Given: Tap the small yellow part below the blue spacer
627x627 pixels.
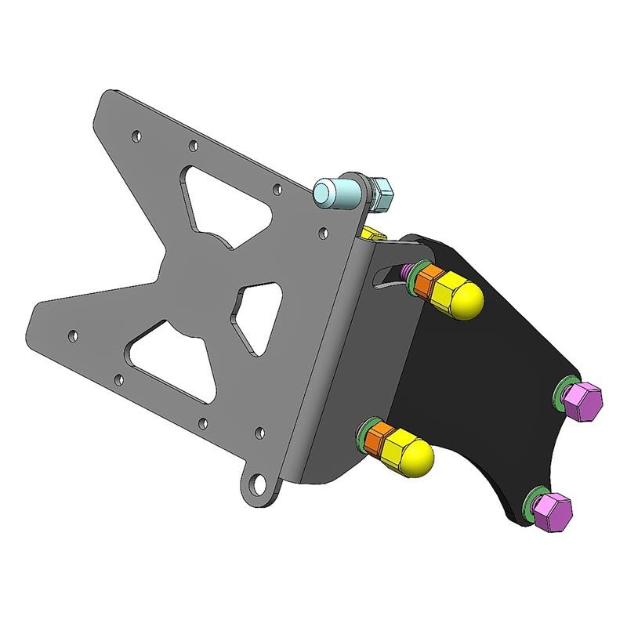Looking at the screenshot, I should [373, 233].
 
